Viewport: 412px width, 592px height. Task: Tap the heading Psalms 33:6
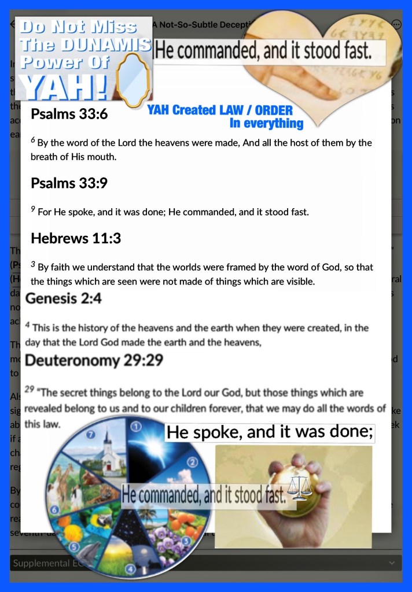(69, 114)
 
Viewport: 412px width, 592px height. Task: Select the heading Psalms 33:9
(69, 183)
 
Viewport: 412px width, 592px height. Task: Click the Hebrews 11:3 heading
(76, 238)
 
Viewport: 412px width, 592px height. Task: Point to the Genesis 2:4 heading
(64, 298)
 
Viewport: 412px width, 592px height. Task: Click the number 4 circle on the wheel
(130, 568)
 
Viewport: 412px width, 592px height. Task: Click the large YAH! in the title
(64, 87)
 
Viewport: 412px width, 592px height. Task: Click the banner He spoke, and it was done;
(269, 432)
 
